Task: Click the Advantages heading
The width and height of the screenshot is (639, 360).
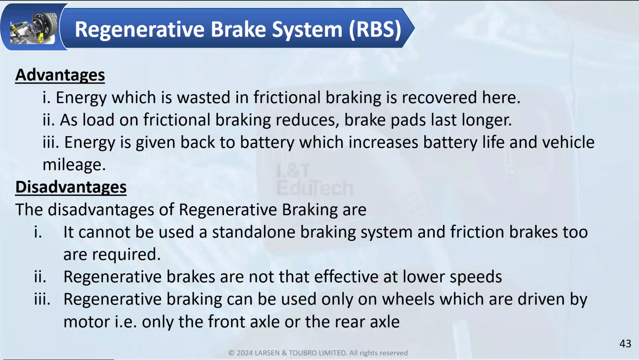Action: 60,75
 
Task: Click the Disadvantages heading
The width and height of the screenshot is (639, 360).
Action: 71,187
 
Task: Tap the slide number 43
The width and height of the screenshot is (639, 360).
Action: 625,344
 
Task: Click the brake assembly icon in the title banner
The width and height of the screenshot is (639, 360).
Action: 33,28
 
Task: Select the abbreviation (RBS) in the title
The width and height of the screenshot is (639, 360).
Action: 375,29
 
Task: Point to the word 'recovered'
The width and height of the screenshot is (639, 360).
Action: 439,97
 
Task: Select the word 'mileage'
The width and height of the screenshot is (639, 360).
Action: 74,165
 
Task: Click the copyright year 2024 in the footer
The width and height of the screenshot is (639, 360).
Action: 245,353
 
